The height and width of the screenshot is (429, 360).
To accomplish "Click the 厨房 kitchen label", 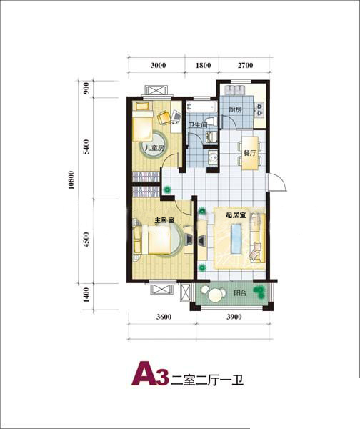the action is (235, 110).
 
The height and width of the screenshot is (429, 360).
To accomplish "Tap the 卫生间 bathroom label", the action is (198, 125).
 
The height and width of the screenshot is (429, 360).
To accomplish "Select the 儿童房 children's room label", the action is (154, 148).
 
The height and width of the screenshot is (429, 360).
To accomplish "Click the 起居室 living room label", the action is (236, 215).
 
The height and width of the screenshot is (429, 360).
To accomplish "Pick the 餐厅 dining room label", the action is (249, 153).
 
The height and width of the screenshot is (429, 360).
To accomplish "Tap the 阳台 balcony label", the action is (240, 293).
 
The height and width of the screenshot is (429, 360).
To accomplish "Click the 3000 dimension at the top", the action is (159, 65).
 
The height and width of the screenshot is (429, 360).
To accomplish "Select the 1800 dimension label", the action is (204, 65).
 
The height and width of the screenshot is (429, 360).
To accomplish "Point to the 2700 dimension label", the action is (245, 65).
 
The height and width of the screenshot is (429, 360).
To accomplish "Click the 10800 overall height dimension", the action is (71, 180).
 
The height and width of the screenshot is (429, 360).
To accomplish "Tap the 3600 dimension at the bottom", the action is (164, 317).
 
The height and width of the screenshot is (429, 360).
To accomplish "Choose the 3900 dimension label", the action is (234, 317).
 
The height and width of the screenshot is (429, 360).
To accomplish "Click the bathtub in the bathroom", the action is (201, 107).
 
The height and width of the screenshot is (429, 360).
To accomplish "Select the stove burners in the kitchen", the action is (259, 109).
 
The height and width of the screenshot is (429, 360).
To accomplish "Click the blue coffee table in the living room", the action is (236, 239).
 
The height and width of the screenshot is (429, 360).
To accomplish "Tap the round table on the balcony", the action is (216, 295).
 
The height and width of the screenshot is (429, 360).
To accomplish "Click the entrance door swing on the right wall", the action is (277, 182).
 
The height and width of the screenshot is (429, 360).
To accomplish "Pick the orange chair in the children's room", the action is (164, 118).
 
